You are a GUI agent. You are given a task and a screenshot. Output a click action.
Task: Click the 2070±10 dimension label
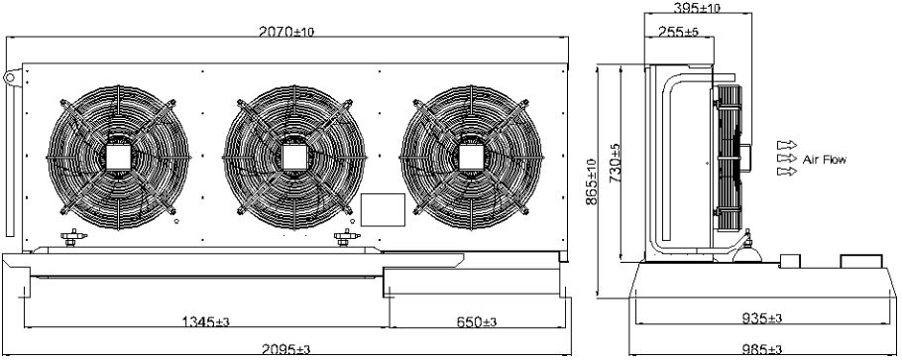[x=285, y=32]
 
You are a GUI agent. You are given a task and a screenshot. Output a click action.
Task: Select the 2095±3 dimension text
[x=285, y=350]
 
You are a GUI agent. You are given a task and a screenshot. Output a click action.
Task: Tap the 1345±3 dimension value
[x=206, y=321]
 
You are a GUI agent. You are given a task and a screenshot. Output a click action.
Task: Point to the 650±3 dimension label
[x=477, y=321]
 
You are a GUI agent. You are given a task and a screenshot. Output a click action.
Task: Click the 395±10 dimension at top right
[x=697, y=7]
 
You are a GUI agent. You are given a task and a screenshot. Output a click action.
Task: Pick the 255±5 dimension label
[x=678, y=33]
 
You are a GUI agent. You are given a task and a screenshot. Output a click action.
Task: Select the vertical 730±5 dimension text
[x=615, y=163]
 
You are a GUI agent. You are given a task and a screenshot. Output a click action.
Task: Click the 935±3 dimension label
[x=762, y=317]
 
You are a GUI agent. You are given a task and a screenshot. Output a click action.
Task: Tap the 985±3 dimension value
[x=762, y=349]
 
